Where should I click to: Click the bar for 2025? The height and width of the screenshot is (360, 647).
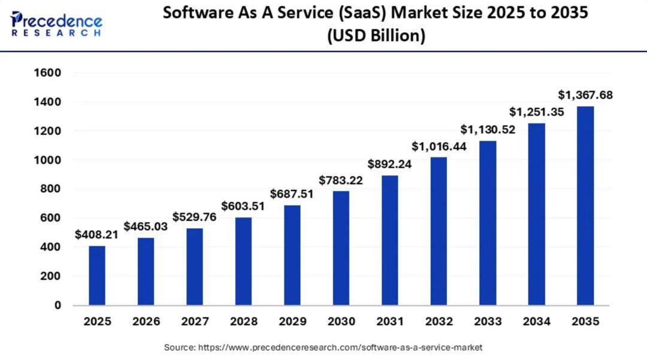point(97,276)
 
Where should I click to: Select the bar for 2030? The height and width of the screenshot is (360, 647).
point(341,248)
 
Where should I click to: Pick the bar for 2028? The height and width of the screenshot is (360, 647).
point(243,261)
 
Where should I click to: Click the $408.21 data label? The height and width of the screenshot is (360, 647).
point(96,235)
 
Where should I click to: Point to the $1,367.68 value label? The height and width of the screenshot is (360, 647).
point(585,95)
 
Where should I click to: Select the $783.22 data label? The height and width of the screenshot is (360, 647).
point(340,180)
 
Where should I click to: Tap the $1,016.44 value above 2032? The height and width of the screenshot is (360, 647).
point(439,146)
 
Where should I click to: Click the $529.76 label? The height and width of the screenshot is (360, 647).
point(194,217)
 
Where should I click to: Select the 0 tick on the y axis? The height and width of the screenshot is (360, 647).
point(58,305)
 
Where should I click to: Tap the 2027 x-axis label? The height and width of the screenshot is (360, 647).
point(195,322)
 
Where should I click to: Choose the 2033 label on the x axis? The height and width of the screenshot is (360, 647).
point(487,322)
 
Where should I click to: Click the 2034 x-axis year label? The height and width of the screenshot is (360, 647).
point(536,322)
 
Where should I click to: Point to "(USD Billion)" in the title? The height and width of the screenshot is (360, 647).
point(376,36)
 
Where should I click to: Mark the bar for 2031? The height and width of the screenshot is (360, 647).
point(389,240)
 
